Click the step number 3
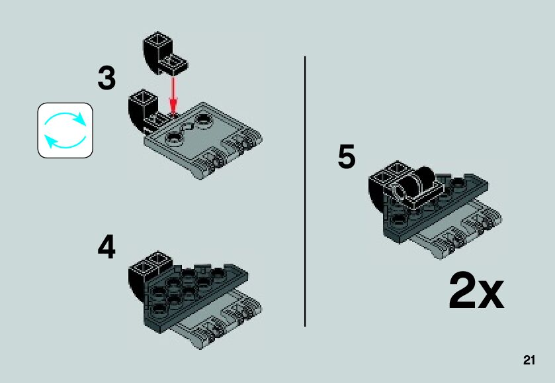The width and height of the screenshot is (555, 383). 107,78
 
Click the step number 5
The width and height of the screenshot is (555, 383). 346,156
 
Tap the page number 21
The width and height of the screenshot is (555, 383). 529,360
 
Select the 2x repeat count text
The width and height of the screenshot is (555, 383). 476,291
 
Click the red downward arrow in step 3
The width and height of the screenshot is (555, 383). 173,94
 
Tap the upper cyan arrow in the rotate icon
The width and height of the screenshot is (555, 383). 66,119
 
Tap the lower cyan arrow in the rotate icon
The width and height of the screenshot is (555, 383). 65,142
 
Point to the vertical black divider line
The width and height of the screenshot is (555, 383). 305,191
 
